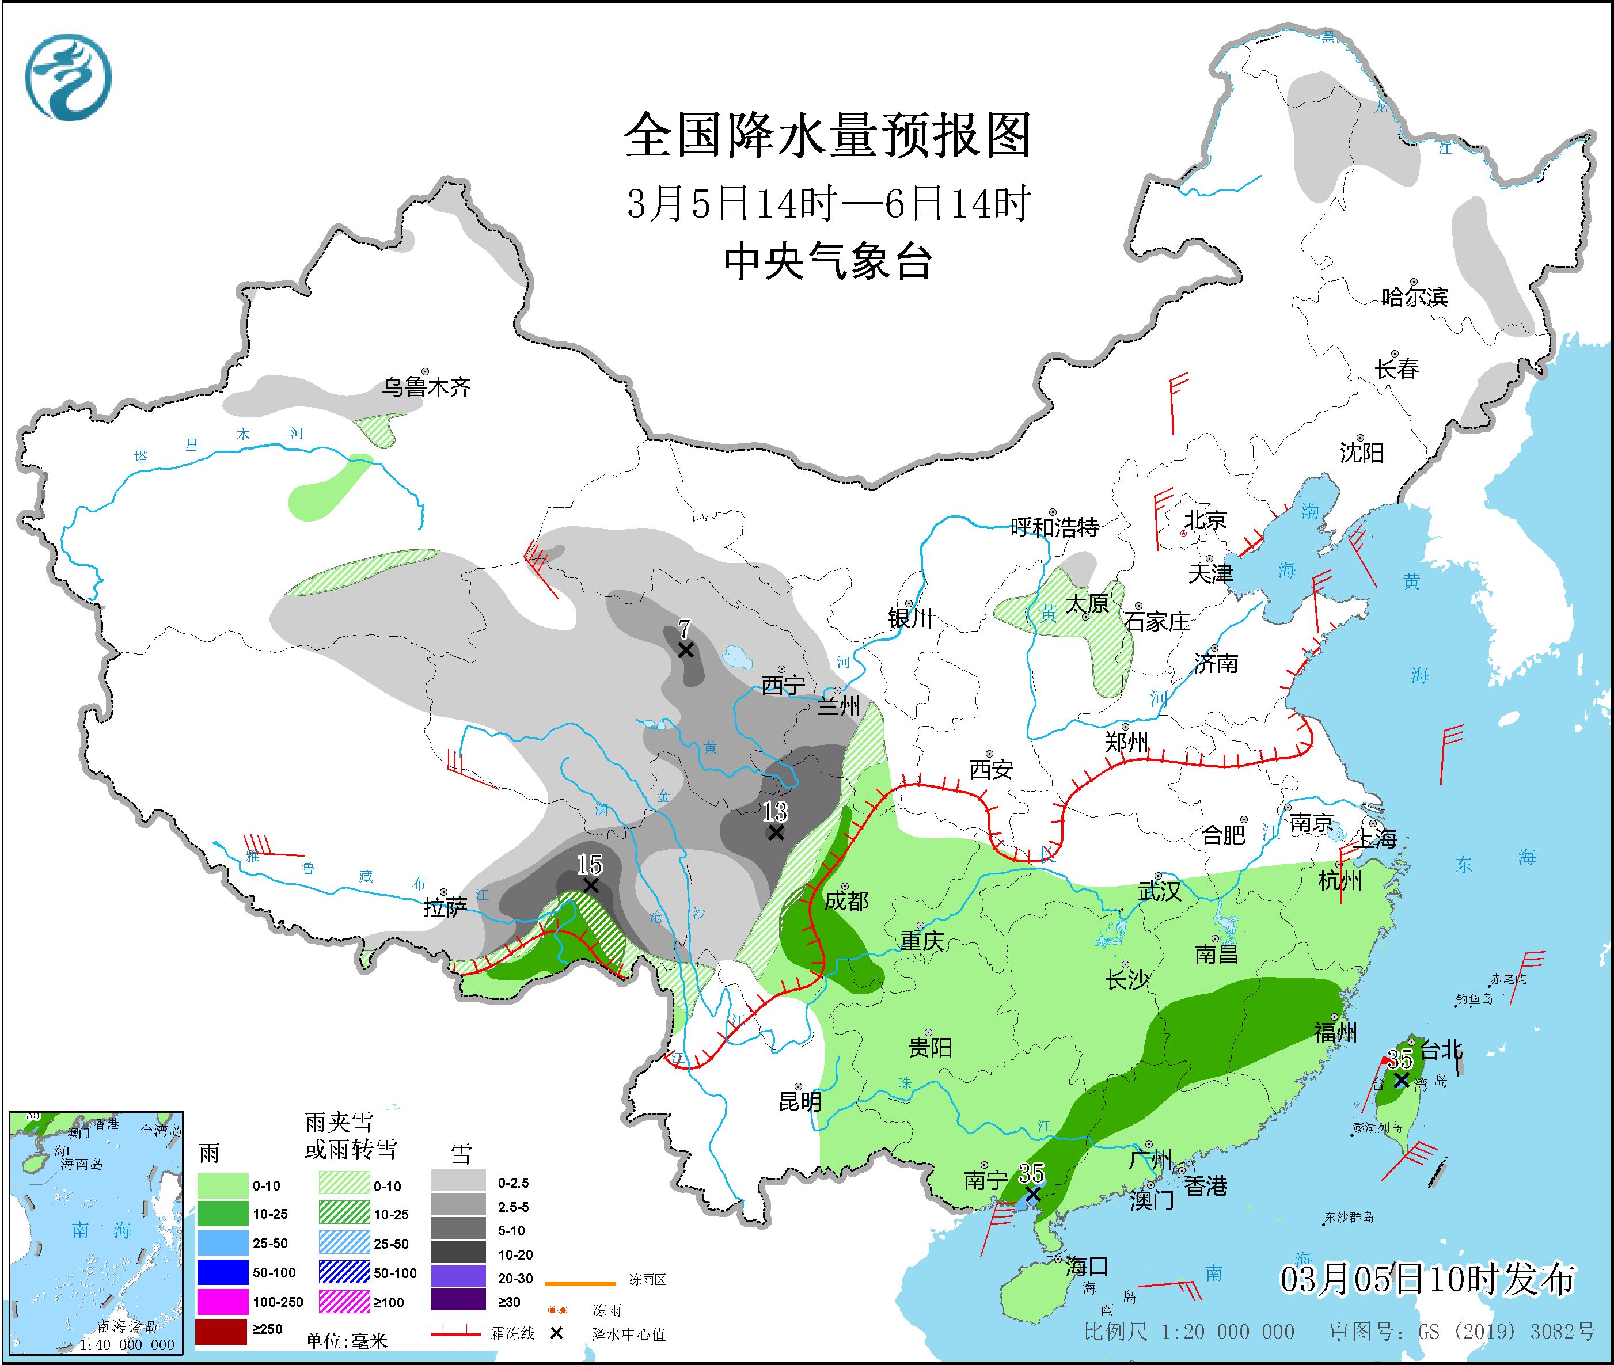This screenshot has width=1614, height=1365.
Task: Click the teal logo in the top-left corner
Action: [68, 77]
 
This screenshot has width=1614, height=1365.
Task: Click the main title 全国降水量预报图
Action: [827, 135]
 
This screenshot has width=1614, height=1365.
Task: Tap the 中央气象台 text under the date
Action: [827, 261]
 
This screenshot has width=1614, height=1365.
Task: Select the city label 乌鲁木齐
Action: [426, 386]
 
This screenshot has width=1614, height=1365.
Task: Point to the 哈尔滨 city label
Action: [1414, 296]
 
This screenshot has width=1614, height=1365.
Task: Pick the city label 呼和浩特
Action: [1054, 527]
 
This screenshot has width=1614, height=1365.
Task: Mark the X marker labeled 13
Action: [775, 832]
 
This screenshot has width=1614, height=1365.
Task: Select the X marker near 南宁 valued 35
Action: [1032, 1195]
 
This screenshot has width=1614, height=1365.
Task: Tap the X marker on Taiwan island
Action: [1401, 1079]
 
